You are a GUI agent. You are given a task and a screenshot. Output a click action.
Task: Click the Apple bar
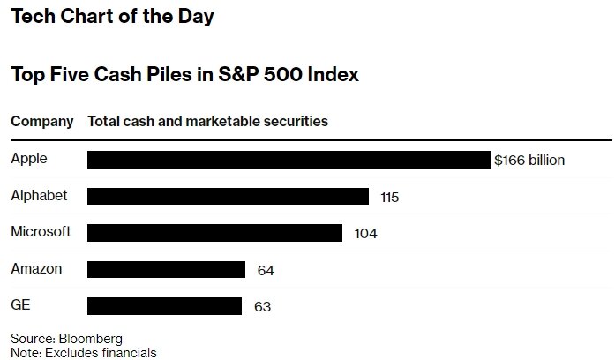coord(288,160)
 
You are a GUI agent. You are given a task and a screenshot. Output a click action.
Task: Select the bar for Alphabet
coord(228,196)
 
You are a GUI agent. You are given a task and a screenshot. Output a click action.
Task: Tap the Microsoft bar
coord(214,233)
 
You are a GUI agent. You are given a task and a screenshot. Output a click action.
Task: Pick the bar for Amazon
coord(166,269)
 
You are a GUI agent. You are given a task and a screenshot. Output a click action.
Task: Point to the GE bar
coord(164,306)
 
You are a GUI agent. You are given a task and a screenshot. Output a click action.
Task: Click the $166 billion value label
coord(529,160)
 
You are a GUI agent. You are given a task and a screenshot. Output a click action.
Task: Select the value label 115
coord(389,197)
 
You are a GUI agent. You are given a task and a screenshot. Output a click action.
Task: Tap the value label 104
coord(364,234)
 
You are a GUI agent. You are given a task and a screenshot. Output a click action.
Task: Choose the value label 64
coord(265,270)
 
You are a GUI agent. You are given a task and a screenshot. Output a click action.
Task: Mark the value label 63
coord(261,307)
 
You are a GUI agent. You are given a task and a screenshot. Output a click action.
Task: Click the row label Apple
coord(29,159)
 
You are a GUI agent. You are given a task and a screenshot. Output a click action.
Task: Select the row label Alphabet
coord(39,195)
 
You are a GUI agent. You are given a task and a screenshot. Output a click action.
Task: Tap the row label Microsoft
coord(41,231)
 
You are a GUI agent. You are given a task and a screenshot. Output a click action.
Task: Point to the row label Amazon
coord(36,268)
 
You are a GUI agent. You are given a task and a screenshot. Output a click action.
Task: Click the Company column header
coord(41,121)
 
